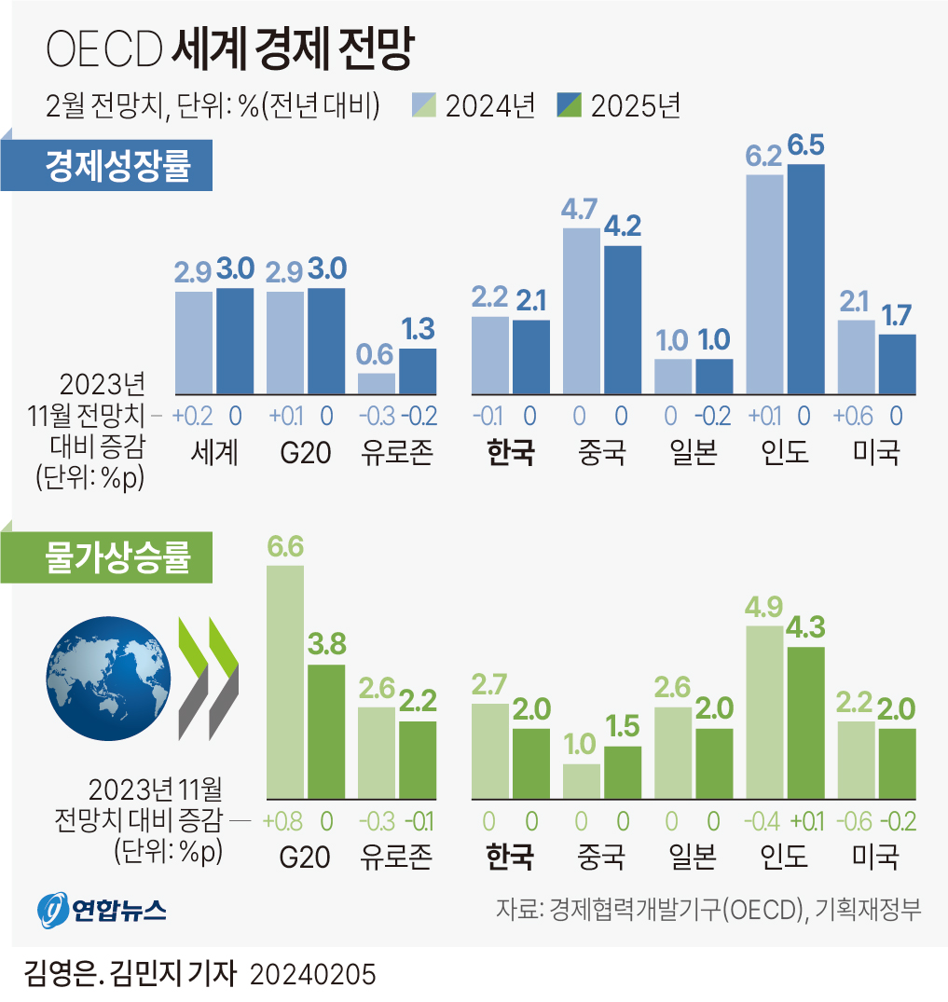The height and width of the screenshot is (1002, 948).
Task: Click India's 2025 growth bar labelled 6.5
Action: click(x=805, y=278)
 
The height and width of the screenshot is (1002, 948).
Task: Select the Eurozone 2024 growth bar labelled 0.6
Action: click(x=377, y=383)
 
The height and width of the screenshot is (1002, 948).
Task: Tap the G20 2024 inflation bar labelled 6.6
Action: click(x=285, y=680)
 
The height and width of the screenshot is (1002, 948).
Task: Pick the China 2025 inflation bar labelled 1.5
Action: click(x=623, y=772)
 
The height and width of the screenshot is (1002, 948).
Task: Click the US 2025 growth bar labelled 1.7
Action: click(x=897, y=364)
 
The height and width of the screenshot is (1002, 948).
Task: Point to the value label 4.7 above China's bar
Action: click(x=579, y=211)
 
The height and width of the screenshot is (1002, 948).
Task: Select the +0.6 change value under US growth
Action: click(x=857, y=417)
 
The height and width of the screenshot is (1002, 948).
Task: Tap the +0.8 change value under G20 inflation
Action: click(x=283, y=821)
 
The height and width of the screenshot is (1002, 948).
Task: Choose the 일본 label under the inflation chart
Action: click(x=693, y=856)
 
